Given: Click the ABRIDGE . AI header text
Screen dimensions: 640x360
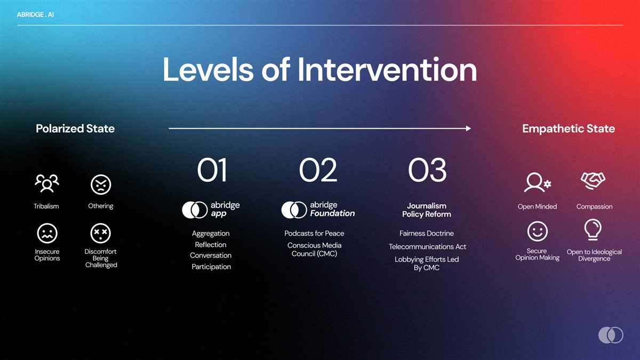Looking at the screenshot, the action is pos(35,14).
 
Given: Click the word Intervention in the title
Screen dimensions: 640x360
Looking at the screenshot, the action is pos(387,69).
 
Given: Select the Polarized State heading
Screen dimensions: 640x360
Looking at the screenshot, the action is pos(75,129).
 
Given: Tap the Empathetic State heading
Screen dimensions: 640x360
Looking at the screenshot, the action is pos(569,129).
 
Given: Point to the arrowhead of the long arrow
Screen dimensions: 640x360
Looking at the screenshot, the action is pos(468,129).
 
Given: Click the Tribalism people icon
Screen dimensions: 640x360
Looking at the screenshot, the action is pos(47,183).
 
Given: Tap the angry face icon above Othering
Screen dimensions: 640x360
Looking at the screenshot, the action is pos(101,185).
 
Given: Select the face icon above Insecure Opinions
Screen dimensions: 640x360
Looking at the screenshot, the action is pos(47,233).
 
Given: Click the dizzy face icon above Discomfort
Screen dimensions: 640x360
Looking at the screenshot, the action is pos(101,233).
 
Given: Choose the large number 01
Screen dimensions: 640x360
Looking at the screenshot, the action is pos(212,170).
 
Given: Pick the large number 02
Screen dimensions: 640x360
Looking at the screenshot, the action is pos(318,170).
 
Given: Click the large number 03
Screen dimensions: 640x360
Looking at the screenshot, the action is pos(427,170).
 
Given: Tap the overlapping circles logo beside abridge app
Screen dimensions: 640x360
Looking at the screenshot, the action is pos(195,210).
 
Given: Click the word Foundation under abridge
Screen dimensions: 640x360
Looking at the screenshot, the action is pos(332,213).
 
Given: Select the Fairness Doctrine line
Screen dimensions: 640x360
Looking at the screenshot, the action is pos(427,234).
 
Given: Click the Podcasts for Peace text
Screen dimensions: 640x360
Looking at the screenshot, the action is pos(314,234).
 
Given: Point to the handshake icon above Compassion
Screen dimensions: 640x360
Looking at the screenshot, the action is pos(593,181).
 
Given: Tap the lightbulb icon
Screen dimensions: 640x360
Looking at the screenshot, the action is pos(593,229).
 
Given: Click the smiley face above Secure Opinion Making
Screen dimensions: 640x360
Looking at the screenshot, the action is pos(538,231).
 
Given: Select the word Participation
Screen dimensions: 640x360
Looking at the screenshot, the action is pos(211,267).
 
